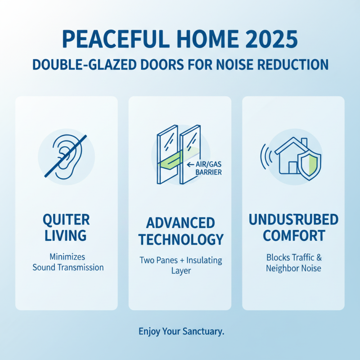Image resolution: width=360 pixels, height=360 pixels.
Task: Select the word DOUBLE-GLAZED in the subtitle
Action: (x=74, y=64)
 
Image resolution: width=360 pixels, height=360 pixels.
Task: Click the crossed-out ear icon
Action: (x=66, y=155)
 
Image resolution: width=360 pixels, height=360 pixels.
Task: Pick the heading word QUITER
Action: (x=66, y=220)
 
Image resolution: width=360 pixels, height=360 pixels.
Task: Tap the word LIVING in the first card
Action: (x=66, y=235)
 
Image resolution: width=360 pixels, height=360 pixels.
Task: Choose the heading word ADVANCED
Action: (x=180, y=223)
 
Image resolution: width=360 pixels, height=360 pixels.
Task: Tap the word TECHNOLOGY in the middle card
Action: (x=180, y=239)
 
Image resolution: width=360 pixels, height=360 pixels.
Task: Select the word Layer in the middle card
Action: (x=180, y=271)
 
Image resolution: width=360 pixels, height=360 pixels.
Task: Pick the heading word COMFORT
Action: (x=293, y=235)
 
